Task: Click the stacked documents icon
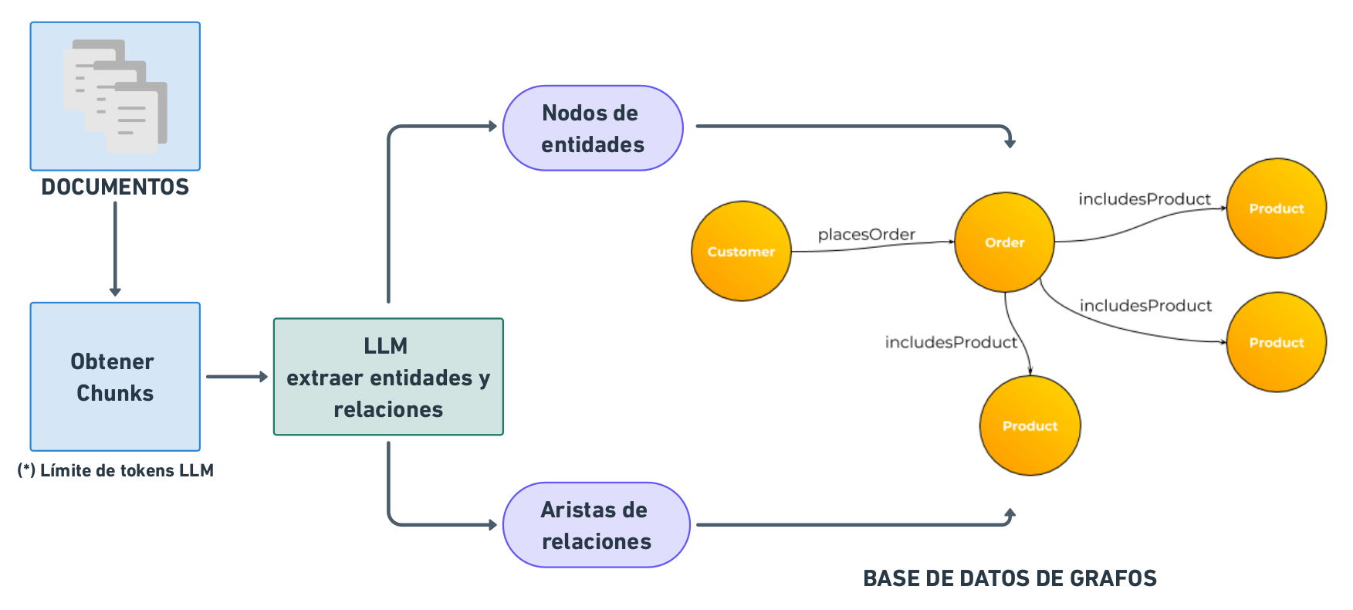(115, 96)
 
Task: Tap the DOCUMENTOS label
(115, 187)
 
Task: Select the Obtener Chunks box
(115, 377)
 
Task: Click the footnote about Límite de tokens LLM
(115, 470)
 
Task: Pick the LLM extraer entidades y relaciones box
(388, 377)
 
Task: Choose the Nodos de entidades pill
(593, 128)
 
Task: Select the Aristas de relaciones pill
(596, 525)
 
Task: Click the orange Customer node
(741, 251)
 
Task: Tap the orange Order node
(1004, 242)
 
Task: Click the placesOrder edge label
(866, 234)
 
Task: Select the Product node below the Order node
(1030, 425)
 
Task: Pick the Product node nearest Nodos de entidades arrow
(1276, 208)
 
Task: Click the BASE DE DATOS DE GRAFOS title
(1010, 578)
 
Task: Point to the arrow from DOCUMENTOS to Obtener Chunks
(115, 247)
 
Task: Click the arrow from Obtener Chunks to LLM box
(236, 377)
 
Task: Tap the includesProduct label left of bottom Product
(951, 342)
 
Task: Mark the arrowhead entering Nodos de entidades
(492, 126)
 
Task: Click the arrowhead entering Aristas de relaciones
(492, 525)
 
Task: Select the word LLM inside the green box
(386, 345)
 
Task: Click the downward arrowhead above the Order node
(1010, 143)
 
